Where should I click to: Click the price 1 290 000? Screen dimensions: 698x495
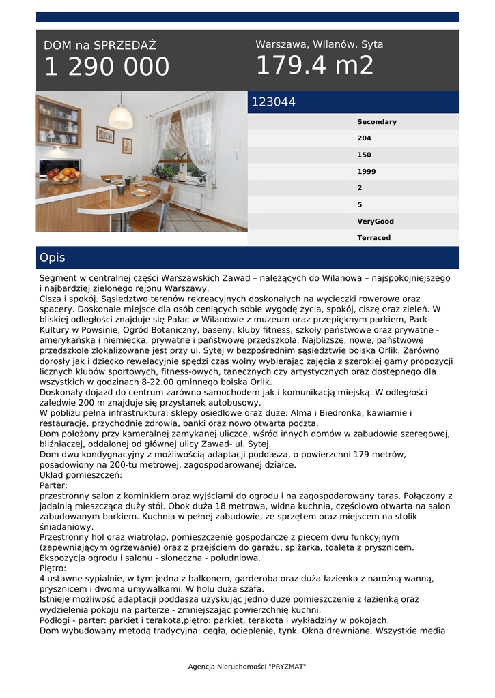point(107,67)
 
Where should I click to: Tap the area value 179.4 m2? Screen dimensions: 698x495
point(315,65)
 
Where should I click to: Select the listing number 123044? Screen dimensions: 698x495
point(274,102)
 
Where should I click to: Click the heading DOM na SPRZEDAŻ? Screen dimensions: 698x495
point(100,46)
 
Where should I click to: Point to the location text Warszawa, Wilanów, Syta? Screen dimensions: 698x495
point(319,44)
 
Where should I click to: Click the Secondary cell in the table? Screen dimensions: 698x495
point(376,122)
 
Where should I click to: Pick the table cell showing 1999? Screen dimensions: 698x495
point(367,172)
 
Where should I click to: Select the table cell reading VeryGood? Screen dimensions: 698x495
point(376,222)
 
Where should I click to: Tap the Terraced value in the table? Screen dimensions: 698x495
point(373,238)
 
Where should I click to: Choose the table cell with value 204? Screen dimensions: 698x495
point(364,138)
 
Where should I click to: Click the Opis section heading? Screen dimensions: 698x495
point(53,258)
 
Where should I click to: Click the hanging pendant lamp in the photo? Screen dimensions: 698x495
point(121,117)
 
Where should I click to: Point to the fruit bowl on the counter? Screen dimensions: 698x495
point(63,175)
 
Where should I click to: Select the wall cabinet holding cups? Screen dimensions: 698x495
point(59,121)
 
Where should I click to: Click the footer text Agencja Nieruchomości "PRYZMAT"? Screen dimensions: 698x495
point(247,666)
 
